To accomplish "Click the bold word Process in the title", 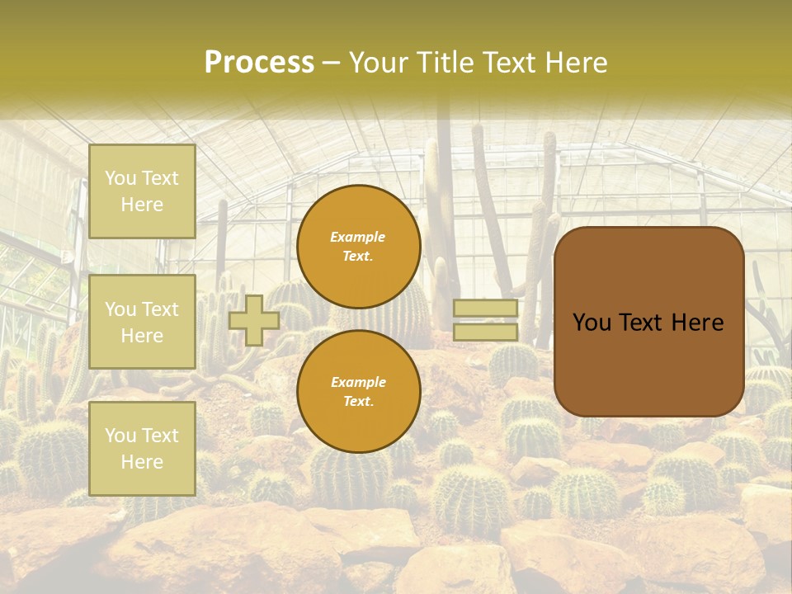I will [x=259, y=63].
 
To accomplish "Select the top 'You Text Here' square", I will [x=142, y=191].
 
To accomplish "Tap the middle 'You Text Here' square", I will [x=142, y=322].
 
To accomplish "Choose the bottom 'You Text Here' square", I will [x=142, y=448].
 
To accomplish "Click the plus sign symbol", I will [x=254, y=320].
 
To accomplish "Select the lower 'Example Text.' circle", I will [x=359, y=392].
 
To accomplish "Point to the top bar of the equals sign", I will [x=486, y=308].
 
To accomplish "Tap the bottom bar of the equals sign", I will [x=486, y=332].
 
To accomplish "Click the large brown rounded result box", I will [x=649, y=322].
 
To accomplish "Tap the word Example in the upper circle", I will [x=358, y=238].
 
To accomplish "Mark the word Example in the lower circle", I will [x=358, y=382].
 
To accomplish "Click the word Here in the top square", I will [x=142, y=205].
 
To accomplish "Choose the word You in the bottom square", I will [x=120, y=436].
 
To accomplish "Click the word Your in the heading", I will [x=379, y=63].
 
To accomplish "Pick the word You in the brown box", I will [x=592, y=323].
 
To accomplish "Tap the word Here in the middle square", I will [x=142, y=336].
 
